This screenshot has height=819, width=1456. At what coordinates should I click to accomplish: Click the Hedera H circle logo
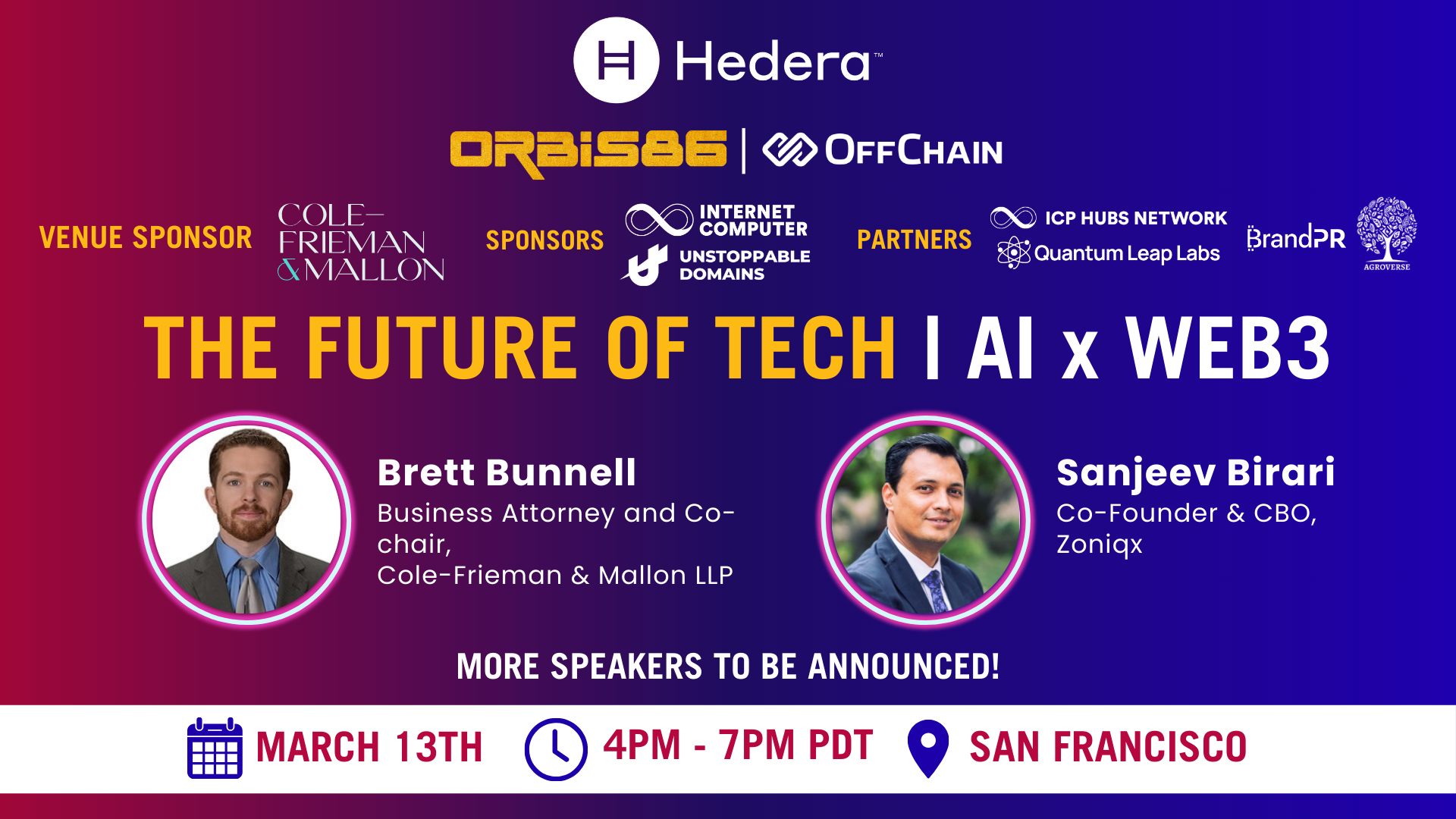tap(616, 60)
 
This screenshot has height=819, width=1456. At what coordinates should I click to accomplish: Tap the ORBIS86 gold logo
tap(588, 152)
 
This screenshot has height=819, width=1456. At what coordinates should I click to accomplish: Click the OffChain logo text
tap(914, 150)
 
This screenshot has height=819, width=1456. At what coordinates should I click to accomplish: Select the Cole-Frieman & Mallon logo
tap(361, 242)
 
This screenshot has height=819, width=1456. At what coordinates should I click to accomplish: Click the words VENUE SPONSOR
tap(146, 237)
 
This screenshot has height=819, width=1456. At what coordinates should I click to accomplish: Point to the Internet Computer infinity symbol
tap(659, 220)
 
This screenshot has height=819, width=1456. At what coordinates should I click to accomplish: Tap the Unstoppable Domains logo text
tap(745, 265)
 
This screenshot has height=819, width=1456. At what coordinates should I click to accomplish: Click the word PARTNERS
tap(915, 240)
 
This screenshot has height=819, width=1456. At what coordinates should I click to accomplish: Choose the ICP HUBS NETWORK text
tap(1136, 218)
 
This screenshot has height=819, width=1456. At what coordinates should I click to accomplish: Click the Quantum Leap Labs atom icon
tap(1014, 253)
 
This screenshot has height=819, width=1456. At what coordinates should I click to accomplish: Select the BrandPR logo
tap(1296, 237)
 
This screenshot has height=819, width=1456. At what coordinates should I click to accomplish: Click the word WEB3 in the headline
tap(1228, 348)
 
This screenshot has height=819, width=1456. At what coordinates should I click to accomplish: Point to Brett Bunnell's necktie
tap(249, 585)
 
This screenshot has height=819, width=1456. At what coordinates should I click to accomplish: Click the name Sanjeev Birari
tap(1196, 472)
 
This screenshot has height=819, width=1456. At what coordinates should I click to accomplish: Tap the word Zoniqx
tap(1100, 545)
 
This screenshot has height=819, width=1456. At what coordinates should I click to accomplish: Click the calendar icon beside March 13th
tap(215, 748)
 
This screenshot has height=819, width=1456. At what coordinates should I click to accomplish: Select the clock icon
tap(556, 749)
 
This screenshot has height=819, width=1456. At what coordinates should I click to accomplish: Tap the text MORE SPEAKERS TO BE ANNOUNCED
tap(728, 667)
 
